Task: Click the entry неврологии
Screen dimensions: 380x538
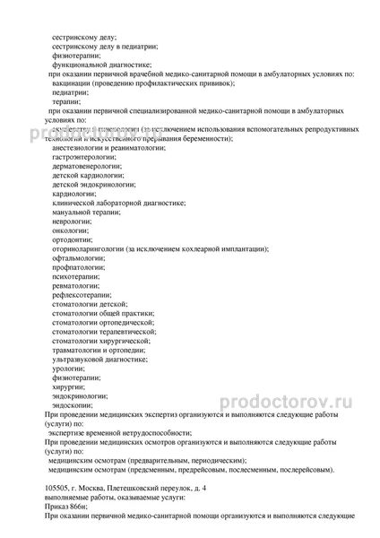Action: [72, 221]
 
